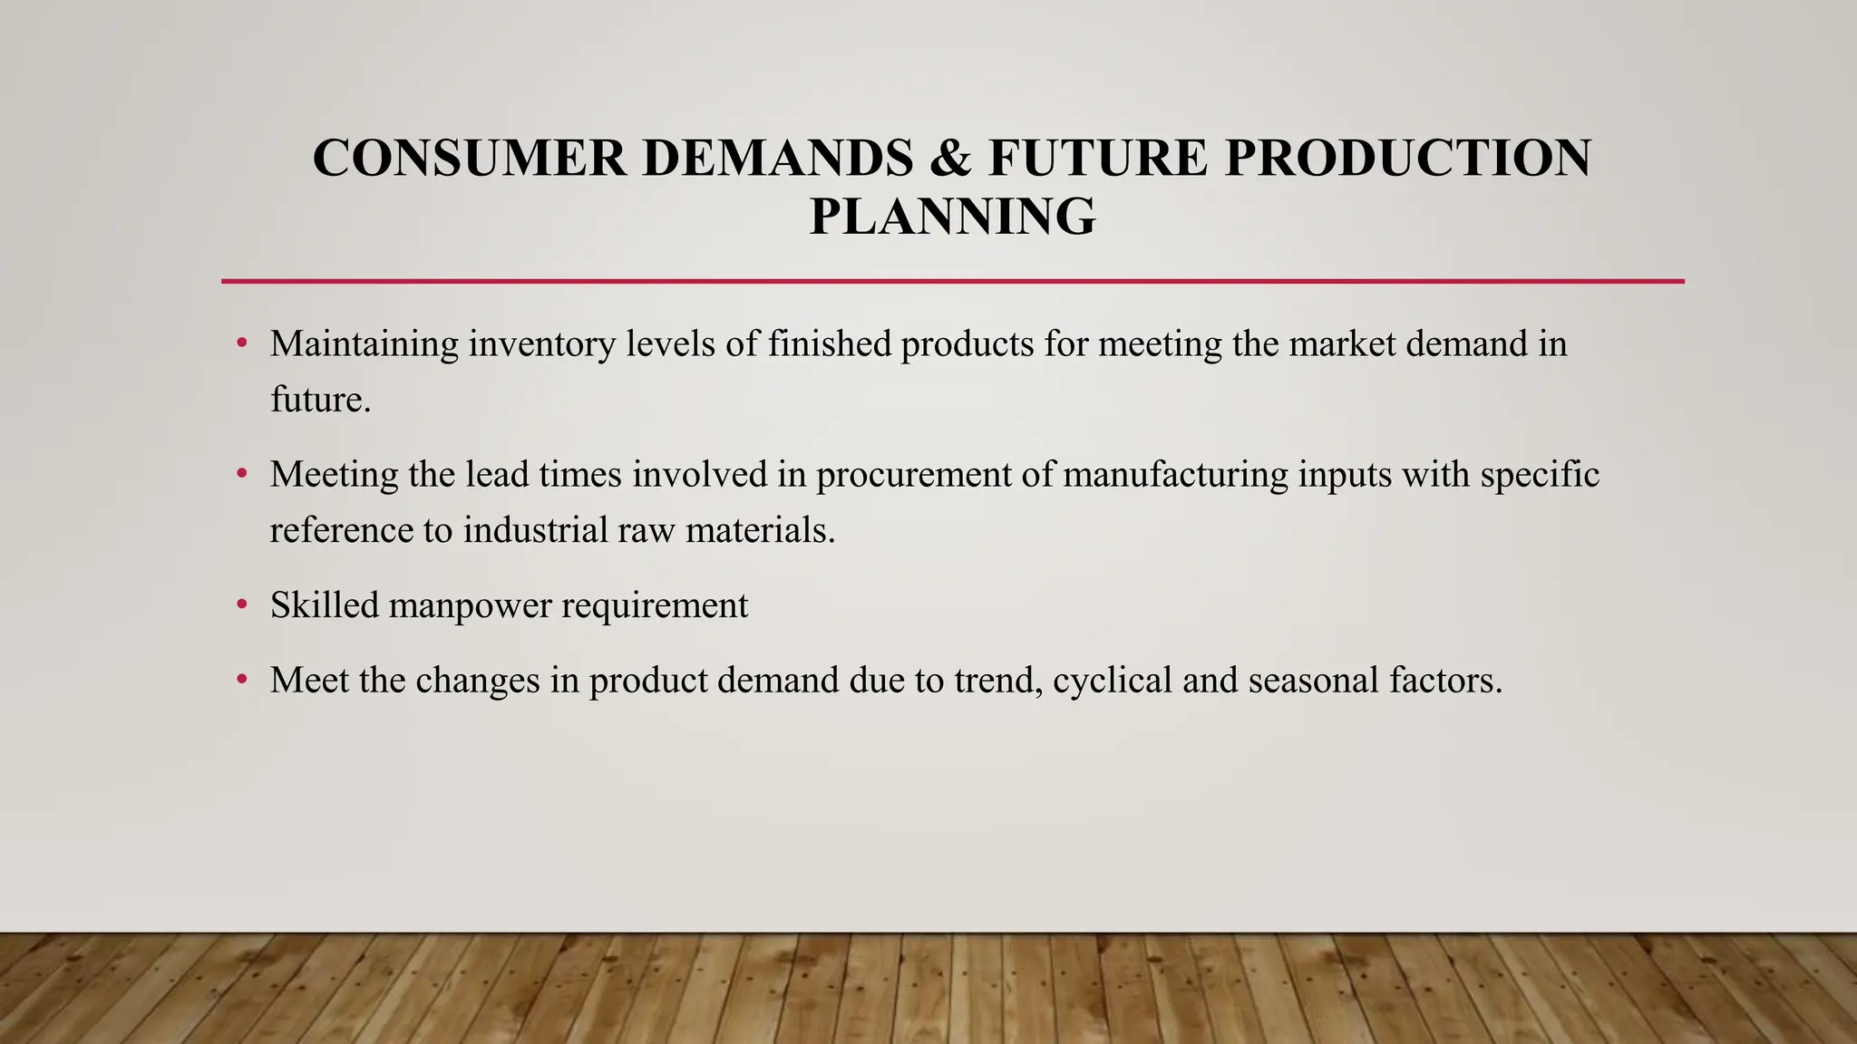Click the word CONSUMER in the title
coord(469,158)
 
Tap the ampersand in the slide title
coord(950,158)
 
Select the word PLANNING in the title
coord(952,217)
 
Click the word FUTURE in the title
coord(1098,158)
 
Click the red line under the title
coord(952,282)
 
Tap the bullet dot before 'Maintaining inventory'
coord(241,344)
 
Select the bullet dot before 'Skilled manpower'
coord(241,605)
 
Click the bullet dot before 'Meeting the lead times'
coord(241,474)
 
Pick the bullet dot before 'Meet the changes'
coord(241,681)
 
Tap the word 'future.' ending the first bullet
coord(320,400)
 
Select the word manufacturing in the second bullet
coord(1174,475)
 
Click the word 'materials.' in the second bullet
coord(760,530)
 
